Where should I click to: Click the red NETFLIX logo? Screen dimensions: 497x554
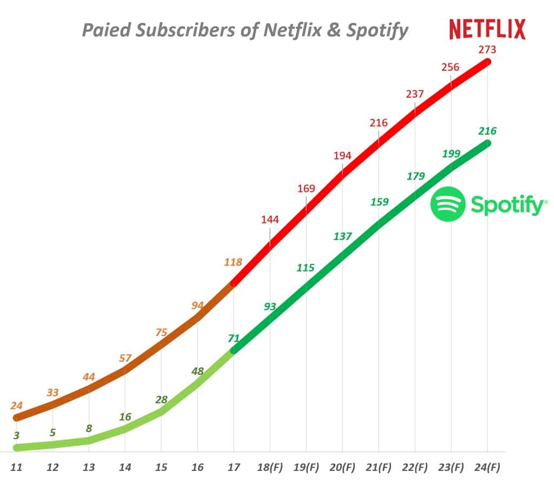click(487, 29)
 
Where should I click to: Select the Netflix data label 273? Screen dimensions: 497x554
click(487, 50)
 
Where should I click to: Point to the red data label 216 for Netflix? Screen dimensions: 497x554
click(379, 123)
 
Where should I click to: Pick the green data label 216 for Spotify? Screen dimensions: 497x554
click(487, 131)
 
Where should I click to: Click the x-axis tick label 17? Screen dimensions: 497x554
click(233, 467)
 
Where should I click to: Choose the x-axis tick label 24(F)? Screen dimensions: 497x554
click(487, 467)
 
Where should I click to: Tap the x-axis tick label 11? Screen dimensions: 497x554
click(17, 467)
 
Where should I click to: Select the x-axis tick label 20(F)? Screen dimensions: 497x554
click(342, 467)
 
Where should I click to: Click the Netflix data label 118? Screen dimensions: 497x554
click(234, 262)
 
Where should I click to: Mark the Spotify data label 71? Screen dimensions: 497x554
click(234, 339)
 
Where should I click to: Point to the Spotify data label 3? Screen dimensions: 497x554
click(17, 435)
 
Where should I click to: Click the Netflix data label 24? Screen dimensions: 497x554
click(17, 405)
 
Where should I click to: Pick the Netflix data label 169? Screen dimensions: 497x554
click(306, 189)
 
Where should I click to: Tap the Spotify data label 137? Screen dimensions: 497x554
click(342, 236)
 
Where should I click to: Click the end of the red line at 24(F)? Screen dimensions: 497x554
click(487, 62)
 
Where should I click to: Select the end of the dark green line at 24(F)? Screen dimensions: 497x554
click(487, 143)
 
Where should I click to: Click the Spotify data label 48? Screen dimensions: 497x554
click(197, 371)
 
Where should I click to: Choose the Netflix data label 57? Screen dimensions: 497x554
click(125, 357)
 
